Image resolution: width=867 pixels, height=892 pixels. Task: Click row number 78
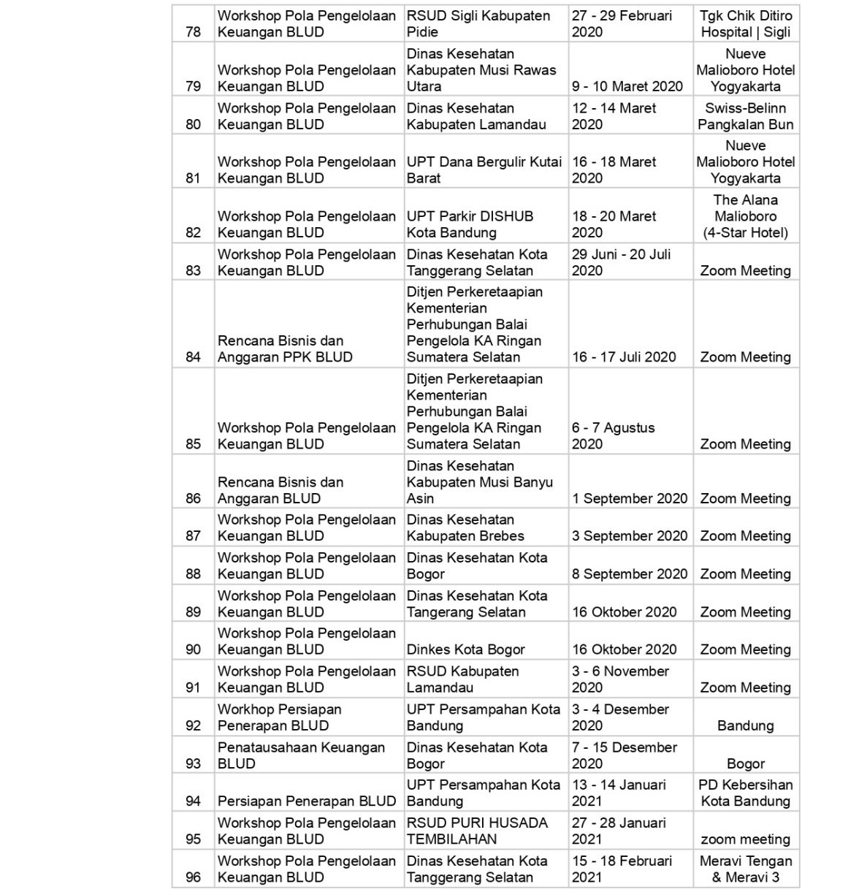pos(193,32)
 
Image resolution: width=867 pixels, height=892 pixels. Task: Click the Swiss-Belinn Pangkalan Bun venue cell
pos(745,116)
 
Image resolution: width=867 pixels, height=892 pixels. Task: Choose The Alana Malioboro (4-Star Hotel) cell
pos(745,216)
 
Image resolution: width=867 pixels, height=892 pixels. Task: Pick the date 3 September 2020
pos(630,536)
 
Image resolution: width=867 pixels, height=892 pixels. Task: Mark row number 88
pos(193,574)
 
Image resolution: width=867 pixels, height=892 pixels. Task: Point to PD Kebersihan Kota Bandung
pos(745,793)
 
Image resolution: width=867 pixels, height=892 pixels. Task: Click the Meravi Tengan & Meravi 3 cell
pos(745,869)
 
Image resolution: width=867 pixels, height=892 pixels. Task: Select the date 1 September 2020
pos(630,498)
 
